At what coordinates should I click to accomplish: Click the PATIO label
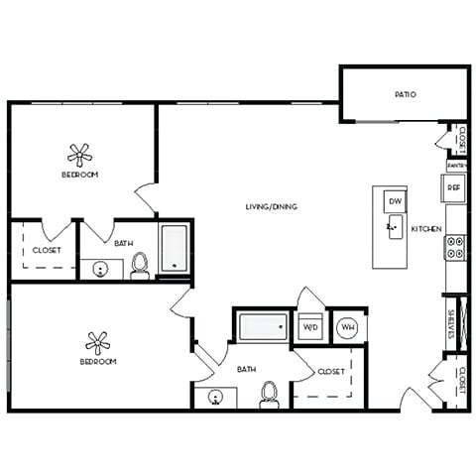click(x=405, y=95)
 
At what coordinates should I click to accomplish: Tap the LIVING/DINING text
click(x=272, y=206)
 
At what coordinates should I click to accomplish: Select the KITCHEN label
click(x=426, y=229)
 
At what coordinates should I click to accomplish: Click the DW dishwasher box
click(x=394, y=200)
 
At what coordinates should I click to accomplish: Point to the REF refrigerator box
click(x=454, y=186)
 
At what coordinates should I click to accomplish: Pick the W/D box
click(x=309, y=326)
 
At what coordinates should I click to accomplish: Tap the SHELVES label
click(x=450, y=324)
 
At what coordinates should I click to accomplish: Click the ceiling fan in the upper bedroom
click(x=79, y=154)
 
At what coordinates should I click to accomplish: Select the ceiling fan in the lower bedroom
click(x=97, y=342)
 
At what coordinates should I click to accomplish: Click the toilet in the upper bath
click(x=140, y=264)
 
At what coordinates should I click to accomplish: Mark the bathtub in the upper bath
click(x=175, y=249)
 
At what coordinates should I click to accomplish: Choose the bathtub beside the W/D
click(x=263, y=325)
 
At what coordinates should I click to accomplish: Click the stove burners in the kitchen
click(x=455, y=246)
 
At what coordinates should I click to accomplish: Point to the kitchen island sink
click(x=393, y=231)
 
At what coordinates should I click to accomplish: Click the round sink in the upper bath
click(x=100, y=268)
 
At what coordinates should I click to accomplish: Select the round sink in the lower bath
click(x=216, y=400)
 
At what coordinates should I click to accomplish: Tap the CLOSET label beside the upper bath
click(x=47, y=250)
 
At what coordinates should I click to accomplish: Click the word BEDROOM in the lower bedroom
click(x=98, y=362)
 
